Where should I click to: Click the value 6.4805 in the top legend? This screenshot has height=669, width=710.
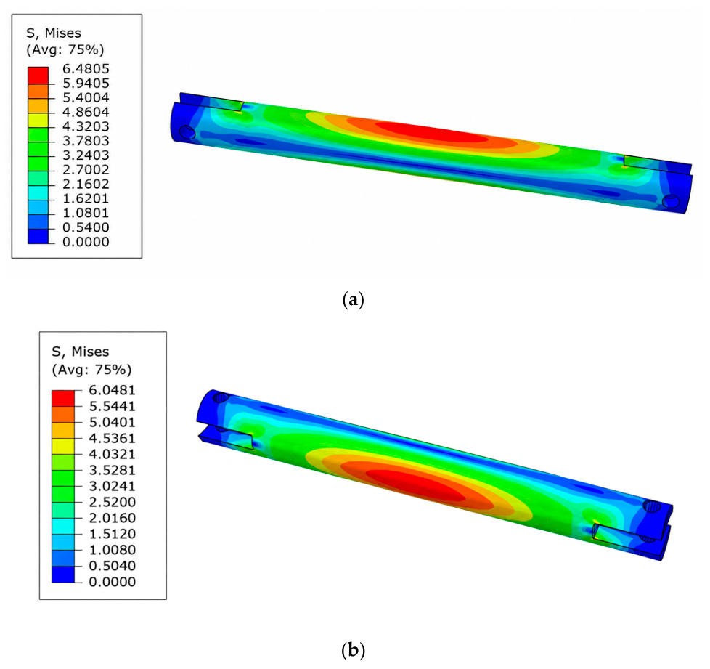86,69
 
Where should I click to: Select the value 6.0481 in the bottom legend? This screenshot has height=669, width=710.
112,390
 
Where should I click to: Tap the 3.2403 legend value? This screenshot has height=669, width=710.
86,155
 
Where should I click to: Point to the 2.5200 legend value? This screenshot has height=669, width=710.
112,502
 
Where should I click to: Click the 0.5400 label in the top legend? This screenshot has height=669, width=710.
86,227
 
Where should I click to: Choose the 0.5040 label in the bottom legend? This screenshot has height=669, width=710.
112,566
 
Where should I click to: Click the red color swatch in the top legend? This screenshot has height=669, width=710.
38,76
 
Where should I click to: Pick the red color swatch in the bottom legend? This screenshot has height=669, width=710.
63,398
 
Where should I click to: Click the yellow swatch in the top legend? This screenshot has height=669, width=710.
38,120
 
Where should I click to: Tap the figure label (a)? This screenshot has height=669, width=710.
354,300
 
